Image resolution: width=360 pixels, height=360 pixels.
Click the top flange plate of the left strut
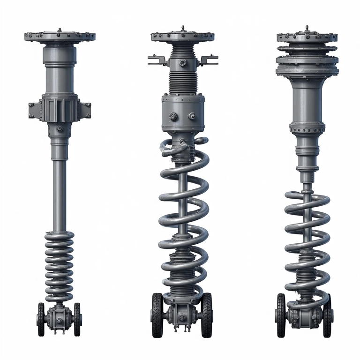[x=60, y=36]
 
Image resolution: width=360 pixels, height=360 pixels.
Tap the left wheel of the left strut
[x=41, y=319]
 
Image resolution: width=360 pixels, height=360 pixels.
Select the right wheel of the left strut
[x=77, y=319]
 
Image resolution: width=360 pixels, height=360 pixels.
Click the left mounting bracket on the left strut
[x=34, y=109]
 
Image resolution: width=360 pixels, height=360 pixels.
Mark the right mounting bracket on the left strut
[x=85, y=109]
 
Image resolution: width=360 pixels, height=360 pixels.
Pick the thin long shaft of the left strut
[x=59, y=192]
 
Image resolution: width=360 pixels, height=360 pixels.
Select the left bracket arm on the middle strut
[x=155, y=59]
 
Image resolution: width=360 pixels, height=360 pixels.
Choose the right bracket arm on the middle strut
[x=210, y=59]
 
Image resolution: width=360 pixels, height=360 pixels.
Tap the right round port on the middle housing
[x=192, y=116]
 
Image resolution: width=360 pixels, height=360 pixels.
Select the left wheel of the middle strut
[x=157, y=315]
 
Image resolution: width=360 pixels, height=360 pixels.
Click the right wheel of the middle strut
[x=207, y=315]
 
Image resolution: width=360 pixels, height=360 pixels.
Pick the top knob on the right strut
[x=307, y=27]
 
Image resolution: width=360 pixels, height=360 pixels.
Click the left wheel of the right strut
[x=281, y=315]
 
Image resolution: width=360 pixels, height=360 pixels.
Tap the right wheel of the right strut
[x=328, y=315]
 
